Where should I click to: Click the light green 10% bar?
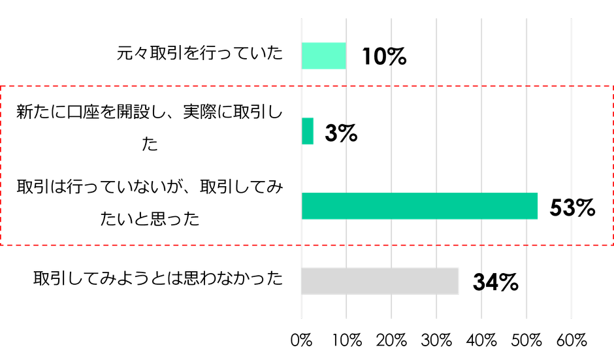point(324,56)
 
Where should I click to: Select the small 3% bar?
point(308,131)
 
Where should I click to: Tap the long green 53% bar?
point(420,206)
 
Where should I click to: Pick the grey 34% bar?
point(381,281)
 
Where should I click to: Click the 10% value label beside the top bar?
point(384,57)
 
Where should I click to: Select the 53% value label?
point(572,208)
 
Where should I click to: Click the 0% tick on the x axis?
point(302,340)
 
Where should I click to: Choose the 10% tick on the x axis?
point(347,340)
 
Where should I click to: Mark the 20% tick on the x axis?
point(392,340)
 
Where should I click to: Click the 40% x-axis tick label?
point(482,340)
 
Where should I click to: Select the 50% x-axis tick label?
point(527,340)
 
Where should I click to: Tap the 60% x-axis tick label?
point(572,340)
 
